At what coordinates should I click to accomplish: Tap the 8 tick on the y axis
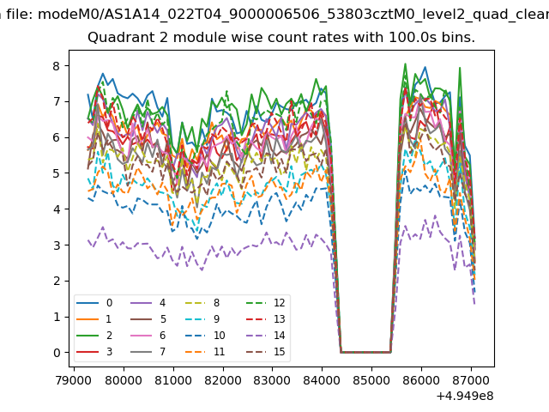[x=55, y=65]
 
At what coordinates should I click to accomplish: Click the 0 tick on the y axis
[x=55, y=353]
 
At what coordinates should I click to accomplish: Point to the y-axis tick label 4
[x=55, y=209]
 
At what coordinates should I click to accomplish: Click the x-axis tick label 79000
[x=73, y=378]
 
